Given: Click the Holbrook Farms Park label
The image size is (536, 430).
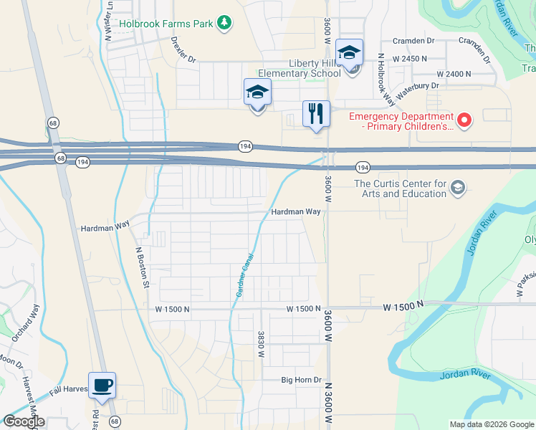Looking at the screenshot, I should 166,24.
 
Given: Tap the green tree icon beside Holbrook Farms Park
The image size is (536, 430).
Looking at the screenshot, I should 225,24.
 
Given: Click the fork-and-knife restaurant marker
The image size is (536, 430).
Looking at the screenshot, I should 315,113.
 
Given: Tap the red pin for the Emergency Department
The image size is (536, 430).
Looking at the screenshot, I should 464,120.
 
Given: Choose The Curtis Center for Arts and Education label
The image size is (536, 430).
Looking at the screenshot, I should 401,188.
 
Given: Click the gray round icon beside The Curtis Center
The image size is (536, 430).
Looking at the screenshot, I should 458,188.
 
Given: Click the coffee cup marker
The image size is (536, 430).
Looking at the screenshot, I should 101,386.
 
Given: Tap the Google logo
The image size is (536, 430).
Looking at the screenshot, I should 24,421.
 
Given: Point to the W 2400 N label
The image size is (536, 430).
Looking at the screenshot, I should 454,74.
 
